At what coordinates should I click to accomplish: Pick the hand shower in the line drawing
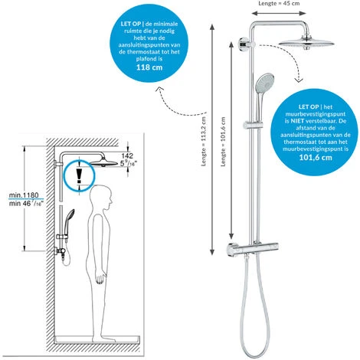coord(68,220)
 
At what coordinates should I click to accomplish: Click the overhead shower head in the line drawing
coord(91,162)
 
